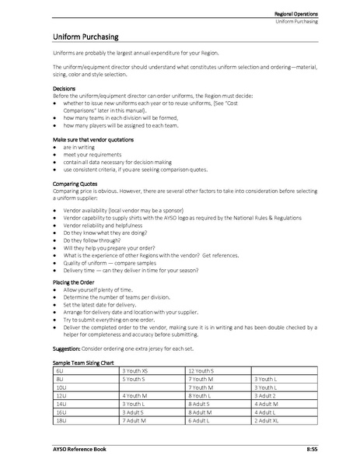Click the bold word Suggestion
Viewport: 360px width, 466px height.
tap(60, 347)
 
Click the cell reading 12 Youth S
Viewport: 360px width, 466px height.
tap(206, 371)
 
